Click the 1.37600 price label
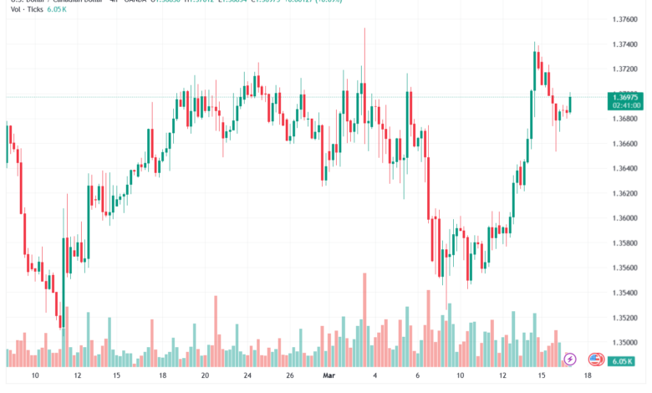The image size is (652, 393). point(624,18)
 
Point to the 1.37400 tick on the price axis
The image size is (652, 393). point(624,43)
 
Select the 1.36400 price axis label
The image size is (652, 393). point(624,168)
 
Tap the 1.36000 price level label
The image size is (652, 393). point(624,218)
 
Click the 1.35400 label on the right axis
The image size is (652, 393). point(624,293)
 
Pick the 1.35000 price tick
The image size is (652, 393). point(624,343)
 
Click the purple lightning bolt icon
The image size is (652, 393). point(570,360)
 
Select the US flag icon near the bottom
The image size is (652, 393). point(596,360)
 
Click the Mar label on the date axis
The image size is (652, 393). point(329,377)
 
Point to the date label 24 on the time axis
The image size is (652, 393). point(248,377)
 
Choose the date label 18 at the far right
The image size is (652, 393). point(588,377)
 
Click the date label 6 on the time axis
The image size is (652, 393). point(417,377)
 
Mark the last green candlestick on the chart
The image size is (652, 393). point(570,104)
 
